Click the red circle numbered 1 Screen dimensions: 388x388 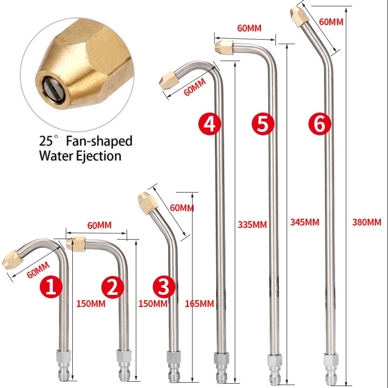(51, 287)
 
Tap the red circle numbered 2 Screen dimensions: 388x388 (113, 287)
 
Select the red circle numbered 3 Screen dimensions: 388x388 (164, 287)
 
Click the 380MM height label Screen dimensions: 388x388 (367, 222)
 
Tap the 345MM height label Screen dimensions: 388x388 (305, 222)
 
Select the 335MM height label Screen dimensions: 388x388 (252, 225)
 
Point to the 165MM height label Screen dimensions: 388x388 (199, 304)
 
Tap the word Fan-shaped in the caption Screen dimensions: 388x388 (99, 142)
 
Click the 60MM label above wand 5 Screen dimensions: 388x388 (249, 28)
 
